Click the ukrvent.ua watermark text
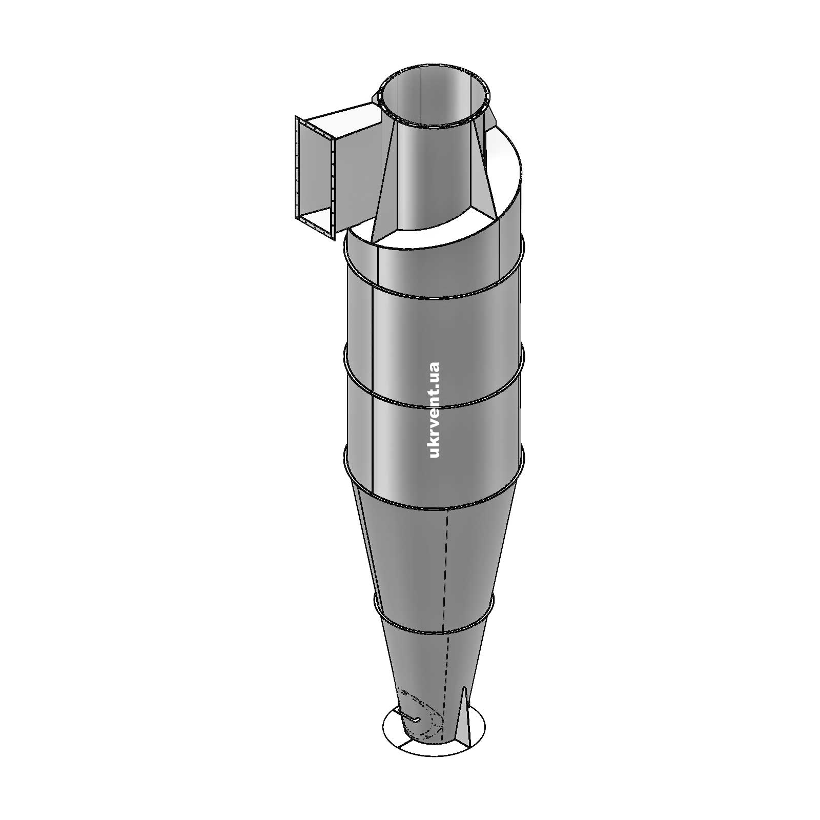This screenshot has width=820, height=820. pos(434,409)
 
